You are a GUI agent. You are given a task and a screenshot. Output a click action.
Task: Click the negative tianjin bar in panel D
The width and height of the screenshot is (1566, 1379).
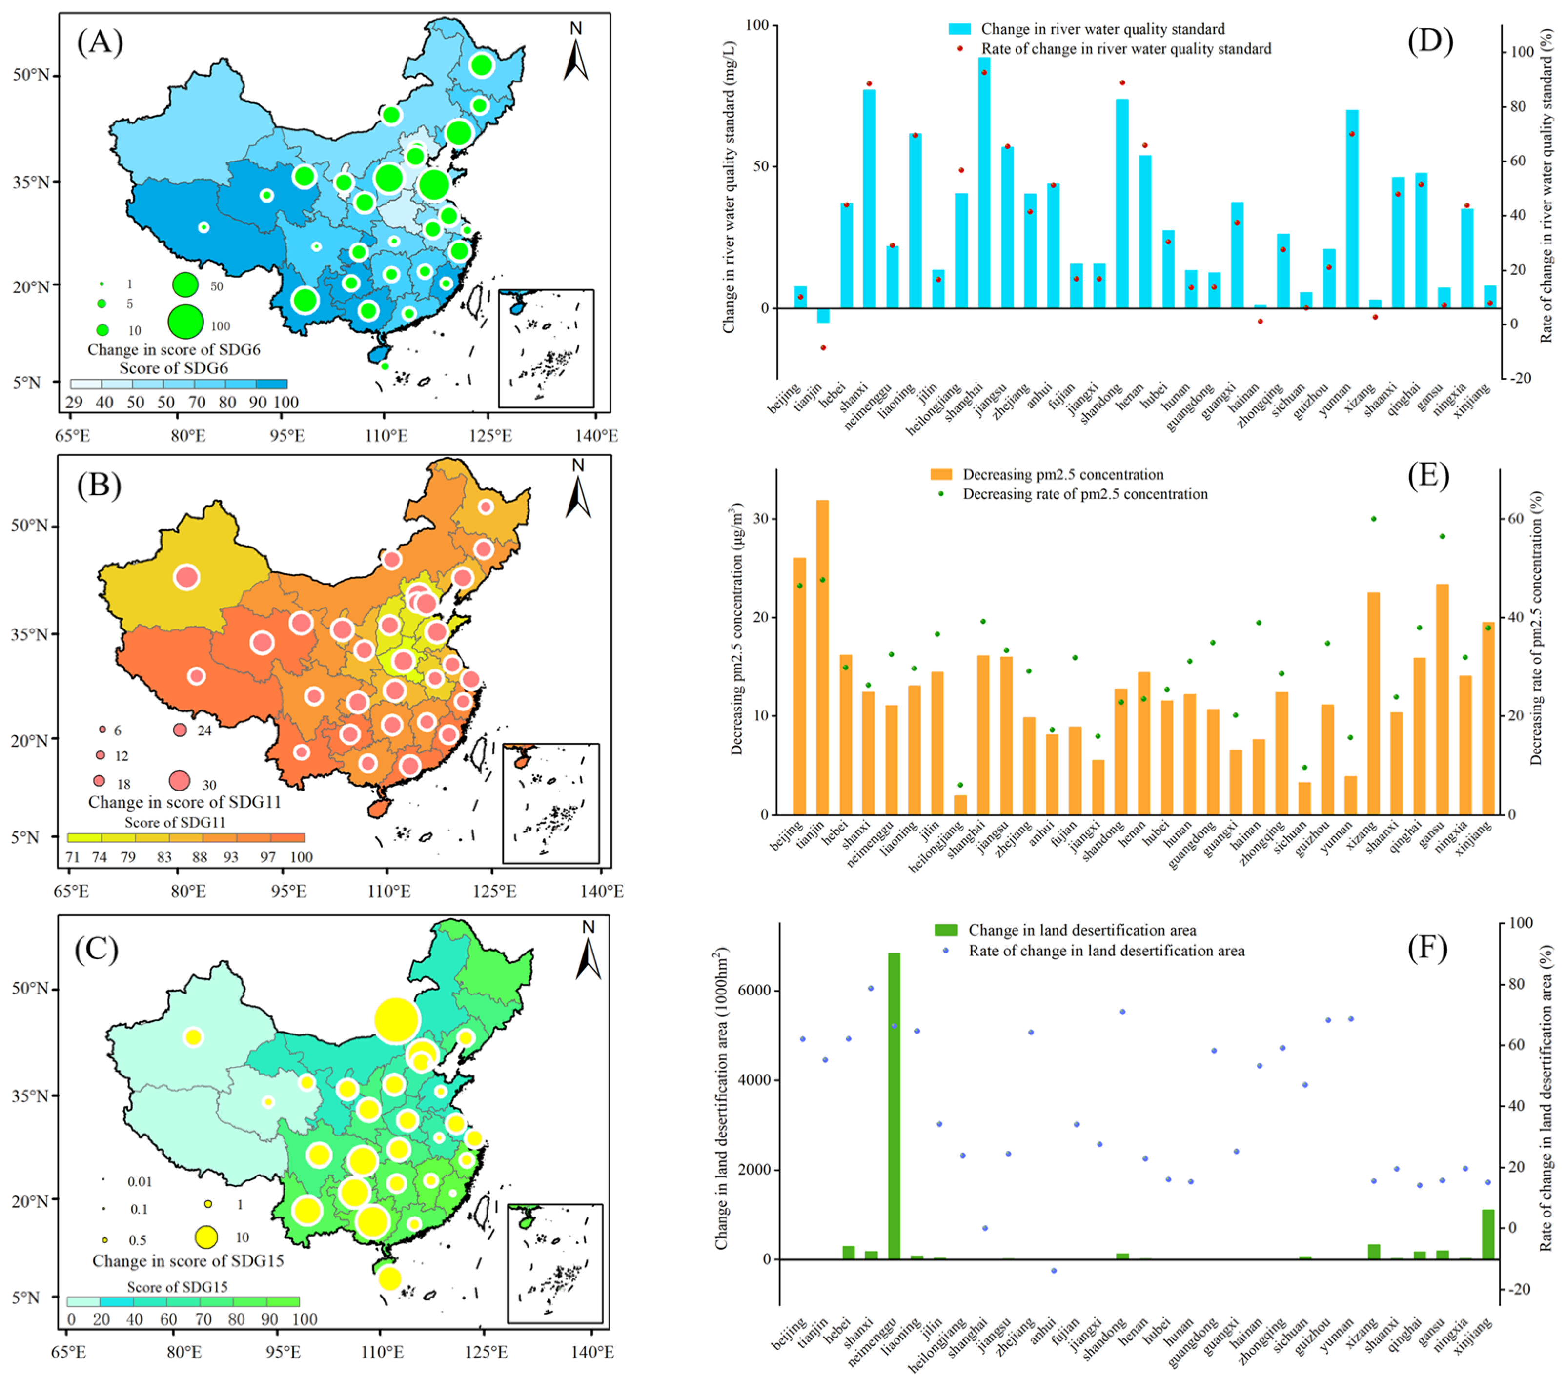click(x=823, y=315)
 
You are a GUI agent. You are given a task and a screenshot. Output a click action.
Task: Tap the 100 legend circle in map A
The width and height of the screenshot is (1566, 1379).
click(x=185, y=321)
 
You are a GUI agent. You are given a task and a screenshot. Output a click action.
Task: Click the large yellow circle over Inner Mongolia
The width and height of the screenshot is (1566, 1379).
click(x=397, y=1020)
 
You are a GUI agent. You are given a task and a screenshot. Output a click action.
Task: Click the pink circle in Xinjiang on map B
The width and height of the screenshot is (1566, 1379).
click(x=187, y=577)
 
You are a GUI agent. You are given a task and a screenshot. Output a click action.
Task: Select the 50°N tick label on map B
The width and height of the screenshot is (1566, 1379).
click(x=29, y=526)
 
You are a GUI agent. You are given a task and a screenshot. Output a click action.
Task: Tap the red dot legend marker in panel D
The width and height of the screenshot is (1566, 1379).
click(x=959, y=48)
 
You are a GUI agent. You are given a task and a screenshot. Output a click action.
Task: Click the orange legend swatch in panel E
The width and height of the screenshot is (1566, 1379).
click(x=941, y=474)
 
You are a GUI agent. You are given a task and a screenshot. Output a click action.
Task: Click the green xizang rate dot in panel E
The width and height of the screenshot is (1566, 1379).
click(x=1373, y=519)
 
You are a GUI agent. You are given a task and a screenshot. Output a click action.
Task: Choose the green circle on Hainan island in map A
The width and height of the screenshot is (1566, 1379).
click(x=385, y=366)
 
